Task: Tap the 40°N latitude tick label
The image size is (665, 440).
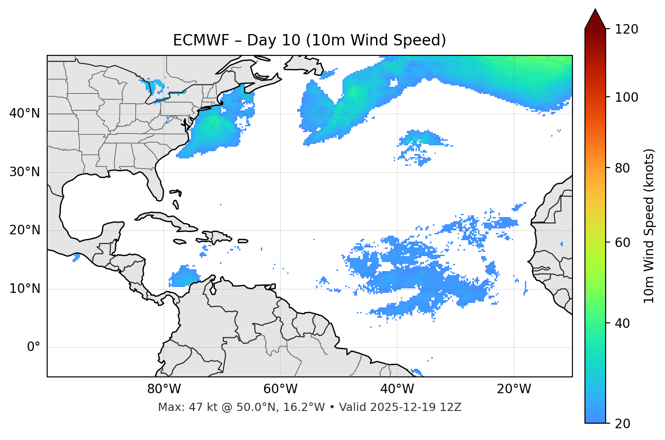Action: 24,114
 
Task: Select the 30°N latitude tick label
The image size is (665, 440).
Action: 24,172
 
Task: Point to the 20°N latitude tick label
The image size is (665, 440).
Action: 24,230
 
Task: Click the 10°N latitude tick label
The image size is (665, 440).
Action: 24,289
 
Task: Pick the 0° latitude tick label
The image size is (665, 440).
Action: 34,347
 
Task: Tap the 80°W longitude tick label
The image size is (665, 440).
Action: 164,389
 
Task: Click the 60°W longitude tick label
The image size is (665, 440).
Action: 280,389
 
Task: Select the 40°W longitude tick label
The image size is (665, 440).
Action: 397,389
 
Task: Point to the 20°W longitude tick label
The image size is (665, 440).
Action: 513,389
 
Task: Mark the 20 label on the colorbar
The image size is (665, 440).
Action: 622,424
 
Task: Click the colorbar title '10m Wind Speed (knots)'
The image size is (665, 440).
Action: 649,226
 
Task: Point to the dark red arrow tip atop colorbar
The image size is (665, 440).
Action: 595,18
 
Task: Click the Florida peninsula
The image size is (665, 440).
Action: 156,184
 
